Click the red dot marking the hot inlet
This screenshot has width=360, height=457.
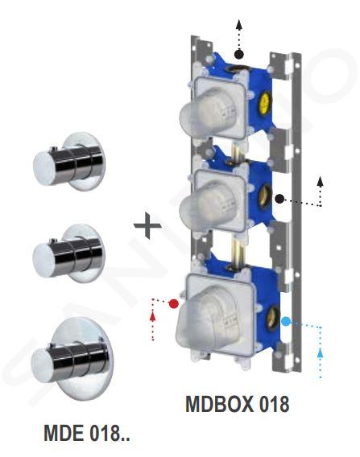[174, 303]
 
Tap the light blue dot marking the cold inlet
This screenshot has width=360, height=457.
[286, 322]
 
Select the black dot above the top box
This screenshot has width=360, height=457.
[239, 54]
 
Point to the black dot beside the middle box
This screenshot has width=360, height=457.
[279, 199]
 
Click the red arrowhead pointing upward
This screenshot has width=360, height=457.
[152, 315]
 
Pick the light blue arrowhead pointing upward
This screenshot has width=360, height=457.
[321, 352]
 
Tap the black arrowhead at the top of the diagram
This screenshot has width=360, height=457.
[239, 24]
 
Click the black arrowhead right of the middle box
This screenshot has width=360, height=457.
[321, 181]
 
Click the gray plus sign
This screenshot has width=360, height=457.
[147, 225]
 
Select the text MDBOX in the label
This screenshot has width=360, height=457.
[220, 404]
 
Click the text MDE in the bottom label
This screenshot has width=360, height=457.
[64, 433]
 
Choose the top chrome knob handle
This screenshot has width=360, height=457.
[69, 163]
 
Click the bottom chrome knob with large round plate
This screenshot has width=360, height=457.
[72, 359]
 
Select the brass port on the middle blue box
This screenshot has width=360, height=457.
[265, 197]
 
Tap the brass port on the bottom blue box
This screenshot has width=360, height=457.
[273, 319]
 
